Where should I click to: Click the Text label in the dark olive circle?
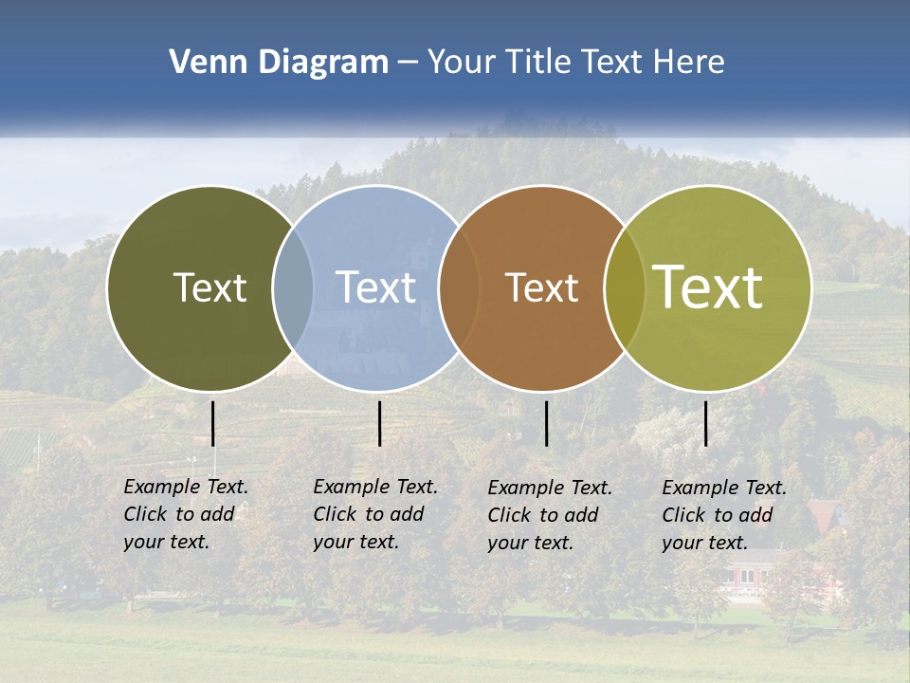click(x=209, y=287)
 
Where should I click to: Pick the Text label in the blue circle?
click(x=375, y=287)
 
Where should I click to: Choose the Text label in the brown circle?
click(x=541, y=287)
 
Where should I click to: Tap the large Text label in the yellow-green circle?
click(x=707, y=287)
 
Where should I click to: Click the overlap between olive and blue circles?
click(x=293, y=287)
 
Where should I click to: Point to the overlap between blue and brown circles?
click(x=459, y=287)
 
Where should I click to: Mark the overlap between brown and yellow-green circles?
click(x=625, y=287)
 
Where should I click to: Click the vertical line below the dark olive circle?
click(x=212, y=423)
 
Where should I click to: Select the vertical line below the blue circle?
click(x=379, y=423)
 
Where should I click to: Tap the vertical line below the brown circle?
click(x=546, y=423)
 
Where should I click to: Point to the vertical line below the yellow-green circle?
click(x=706, y=423)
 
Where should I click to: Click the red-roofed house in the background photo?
click(x=825, y=517)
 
